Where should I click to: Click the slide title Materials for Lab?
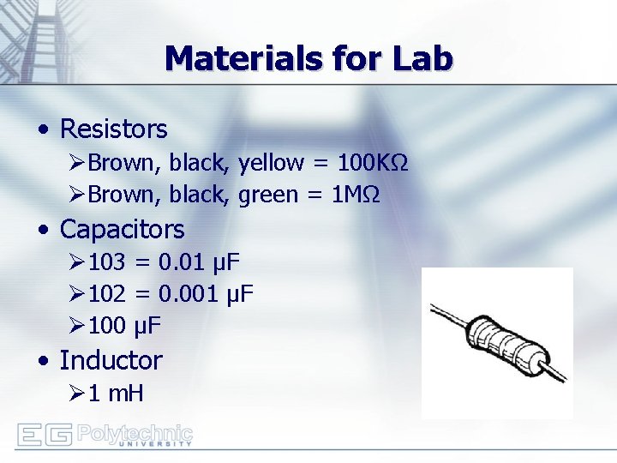point(308,58)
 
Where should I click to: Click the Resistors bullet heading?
point(113,129)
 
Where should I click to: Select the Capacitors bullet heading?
point(122,230)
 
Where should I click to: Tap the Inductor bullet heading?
point(111,360)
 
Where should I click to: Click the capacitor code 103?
point(106,262)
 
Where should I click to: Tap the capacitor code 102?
point(106,295)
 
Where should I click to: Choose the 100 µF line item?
point(125,327)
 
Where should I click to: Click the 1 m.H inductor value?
point(117,394)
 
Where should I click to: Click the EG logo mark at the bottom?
point(44,436)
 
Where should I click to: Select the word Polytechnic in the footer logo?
point(135,431)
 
